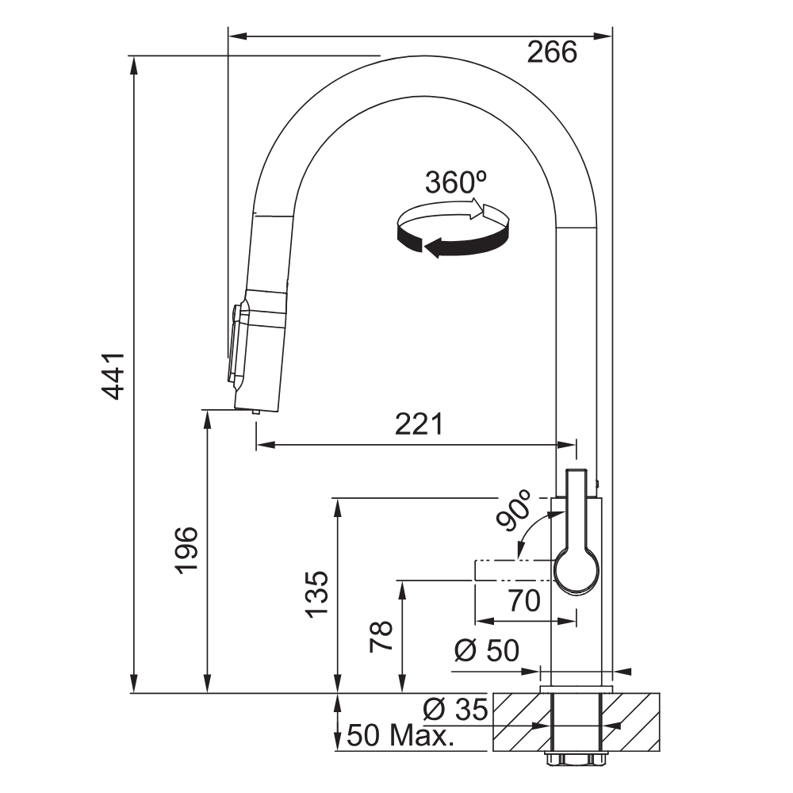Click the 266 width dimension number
tap(552, 52)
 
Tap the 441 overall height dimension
tap(113, 376)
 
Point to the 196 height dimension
tap(186, 550)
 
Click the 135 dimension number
tap(317, 594)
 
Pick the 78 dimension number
tap(381, 636)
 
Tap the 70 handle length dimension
tap(524, 600)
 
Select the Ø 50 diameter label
tap(487, 650)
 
